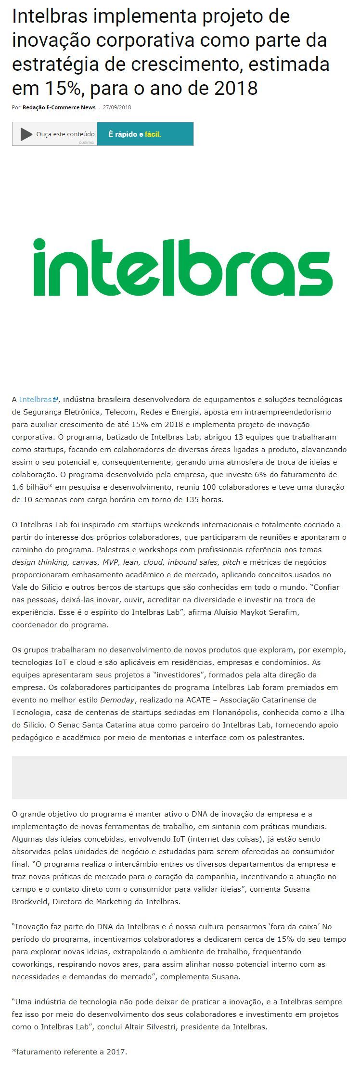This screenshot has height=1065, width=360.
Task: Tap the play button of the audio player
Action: coord(26,134)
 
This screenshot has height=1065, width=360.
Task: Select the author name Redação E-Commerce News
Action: coord(59,107)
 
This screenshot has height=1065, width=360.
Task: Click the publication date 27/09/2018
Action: coord(117,107)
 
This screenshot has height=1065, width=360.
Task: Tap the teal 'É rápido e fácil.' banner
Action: coord(145,134)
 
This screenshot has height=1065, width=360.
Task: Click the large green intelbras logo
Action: coord(183,267)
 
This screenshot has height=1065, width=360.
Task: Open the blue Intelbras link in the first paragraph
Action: coord(36,400)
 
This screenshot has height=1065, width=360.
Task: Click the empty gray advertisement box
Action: coord(179,777)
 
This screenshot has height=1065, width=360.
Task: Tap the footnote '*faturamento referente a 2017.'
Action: coord(69,1052)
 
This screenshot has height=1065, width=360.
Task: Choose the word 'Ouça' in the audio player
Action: coord(45,134)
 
